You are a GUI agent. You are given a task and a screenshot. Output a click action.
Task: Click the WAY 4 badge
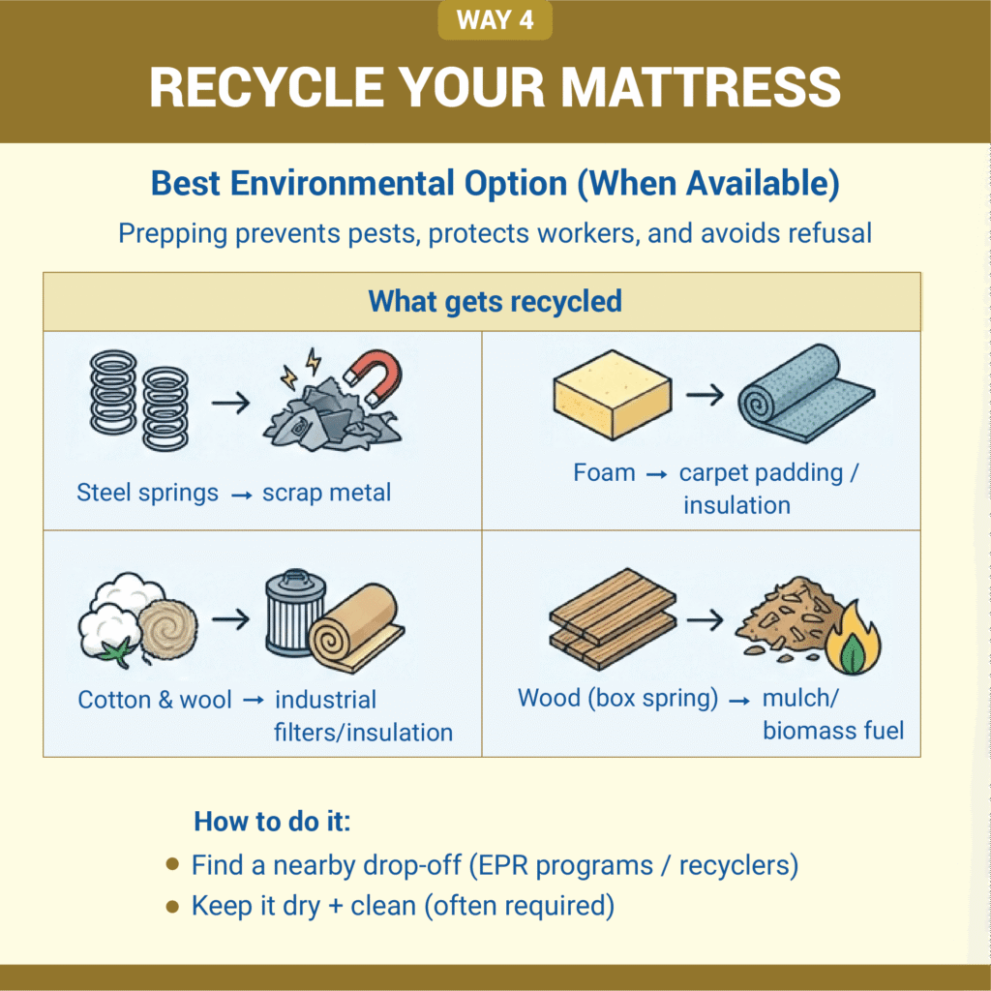[x=495, y=20]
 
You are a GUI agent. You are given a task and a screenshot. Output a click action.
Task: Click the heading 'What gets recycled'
[x=495, y=301]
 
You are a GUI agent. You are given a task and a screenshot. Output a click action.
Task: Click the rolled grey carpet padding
[x=804, y=390]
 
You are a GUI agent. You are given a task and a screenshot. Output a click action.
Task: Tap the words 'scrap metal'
[x=326, y=493]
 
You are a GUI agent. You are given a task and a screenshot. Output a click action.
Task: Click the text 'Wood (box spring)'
[x=617, y=698]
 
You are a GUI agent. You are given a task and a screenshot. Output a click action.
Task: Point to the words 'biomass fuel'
[x=833, y=730]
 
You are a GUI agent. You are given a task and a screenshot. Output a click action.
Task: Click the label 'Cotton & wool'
[x=155, y=700]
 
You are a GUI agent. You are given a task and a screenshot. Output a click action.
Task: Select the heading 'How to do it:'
[x=272, y=822]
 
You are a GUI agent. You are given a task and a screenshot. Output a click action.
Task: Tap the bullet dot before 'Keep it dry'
[x=172, y=907]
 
